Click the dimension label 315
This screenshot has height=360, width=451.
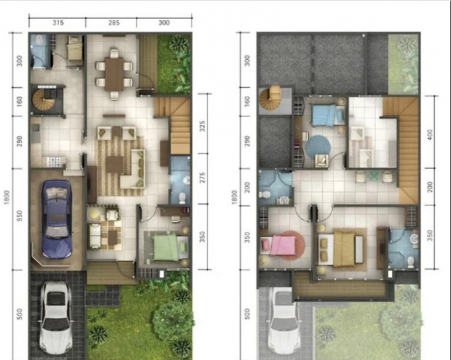(x=58, y=23)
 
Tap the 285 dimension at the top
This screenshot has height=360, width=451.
(x=114, y=23)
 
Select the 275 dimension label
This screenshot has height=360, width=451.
(x=202, y=179)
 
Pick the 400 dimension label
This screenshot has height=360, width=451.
(x=431, y=135)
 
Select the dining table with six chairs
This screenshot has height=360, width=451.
(x=114, y=72)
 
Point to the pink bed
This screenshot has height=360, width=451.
(x=279, y=245)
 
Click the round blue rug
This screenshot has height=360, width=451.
(x=317, y=147)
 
